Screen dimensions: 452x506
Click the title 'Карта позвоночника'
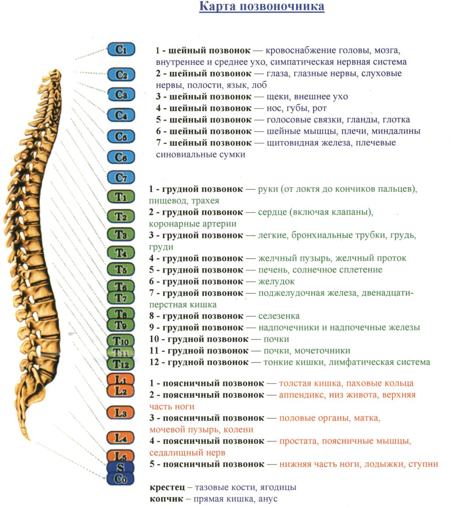tap(261, 7)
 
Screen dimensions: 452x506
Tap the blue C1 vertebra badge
tap(121, 49)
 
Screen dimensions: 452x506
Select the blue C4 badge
tap(121, 115)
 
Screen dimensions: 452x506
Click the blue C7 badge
tap(121, 177)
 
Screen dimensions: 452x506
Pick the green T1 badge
tap(121, 196)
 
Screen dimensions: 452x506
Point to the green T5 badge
tap(121, 269)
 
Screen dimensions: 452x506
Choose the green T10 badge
tap(121, 341)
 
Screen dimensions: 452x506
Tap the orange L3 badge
tap(121, 412)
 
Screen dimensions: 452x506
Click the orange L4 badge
tap(121, 438)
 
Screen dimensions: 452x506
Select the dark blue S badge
tap(121, 467)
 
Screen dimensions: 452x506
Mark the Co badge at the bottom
tap(121, 479)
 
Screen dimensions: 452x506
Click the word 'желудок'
tap(276, 281)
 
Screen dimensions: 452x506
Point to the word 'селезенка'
tap(279, 316)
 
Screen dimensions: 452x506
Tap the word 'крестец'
tap(167, 487)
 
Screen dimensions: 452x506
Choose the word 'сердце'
tap(272, 212)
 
